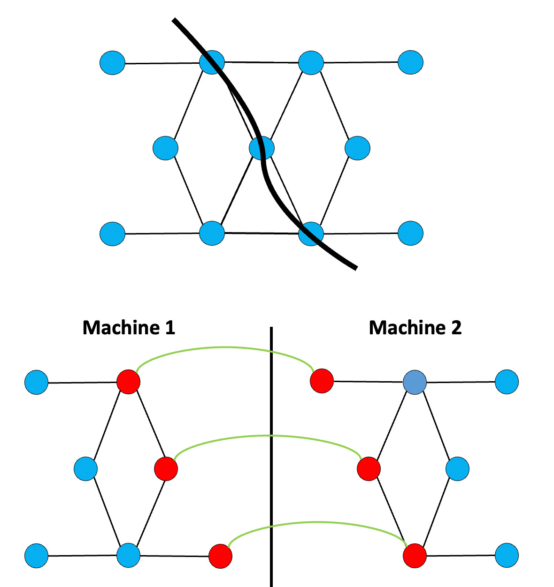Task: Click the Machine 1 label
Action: coord(129,327)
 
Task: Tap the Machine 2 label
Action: coord(415,327)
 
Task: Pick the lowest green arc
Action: coord(319,522)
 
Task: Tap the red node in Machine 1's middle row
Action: coord(166,468)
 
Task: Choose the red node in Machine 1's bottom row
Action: coord(220,556)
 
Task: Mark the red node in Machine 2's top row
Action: coord(322,380)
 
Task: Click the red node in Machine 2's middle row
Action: coord(369,468)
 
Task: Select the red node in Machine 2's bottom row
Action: coord(415,556)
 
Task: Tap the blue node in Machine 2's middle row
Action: coord(457,468)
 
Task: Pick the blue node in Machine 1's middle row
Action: coord(86,468)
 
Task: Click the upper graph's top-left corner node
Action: coord(113,62)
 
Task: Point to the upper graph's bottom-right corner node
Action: coord(410,233)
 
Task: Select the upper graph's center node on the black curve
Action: coord(262,148)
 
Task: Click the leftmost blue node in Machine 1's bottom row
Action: coord(36,556)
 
